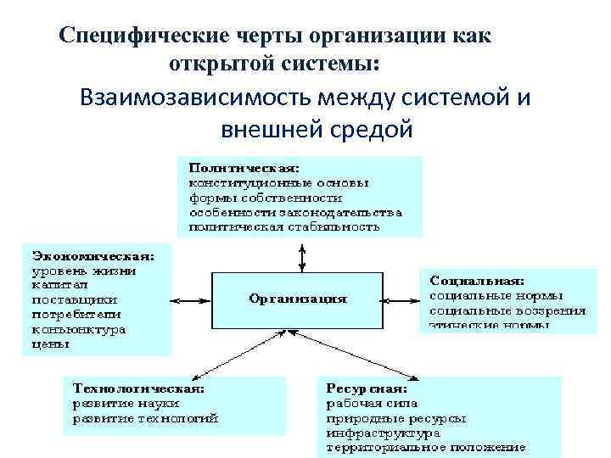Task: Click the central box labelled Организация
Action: (297, 299)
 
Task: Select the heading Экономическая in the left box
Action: (93, 254)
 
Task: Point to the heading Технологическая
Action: (138, 388)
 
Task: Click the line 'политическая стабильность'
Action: (284, 226)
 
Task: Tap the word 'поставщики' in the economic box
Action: (75, 299)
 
